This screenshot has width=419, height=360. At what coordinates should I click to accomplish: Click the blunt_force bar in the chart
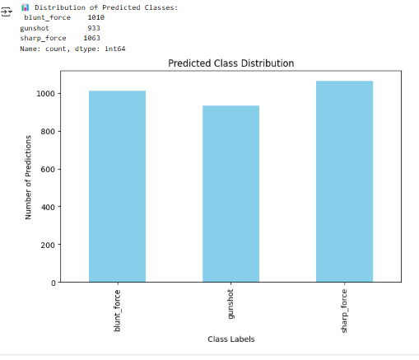click(x=117, y=186)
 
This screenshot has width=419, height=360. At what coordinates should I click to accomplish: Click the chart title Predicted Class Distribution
click(x=230, y=63)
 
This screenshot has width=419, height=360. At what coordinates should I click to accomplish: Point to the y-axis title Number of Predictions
click(x=28, y=177)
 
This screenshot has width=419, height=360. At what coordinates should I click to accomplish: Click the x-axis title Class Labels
click(x=230, y=339)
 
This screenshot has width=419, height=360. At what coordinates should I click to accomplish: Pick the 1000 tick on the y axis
click(x=48, y=94)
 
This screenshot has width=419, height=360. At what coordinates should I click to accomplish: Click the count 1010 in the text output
click(x=95, y=17)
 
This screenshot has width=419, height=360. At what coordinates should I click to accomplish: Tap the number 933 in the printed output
click(x=94, y=28)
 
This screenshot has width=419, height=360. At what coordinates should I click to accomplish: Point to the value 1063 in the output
click(x=92, y=38)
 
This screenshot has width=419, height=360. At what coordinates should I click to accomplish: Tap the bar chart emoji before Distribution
click(x=25, y=7)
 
